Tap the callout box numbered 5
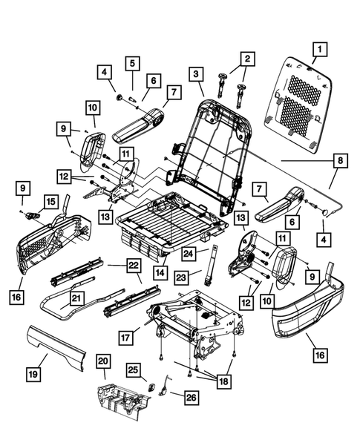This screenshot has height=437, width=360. tap(131, 64)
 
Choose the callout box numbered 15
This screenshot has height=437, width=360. tap(50, 201)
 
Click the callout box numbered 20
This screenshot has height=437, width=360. tap(103, 361)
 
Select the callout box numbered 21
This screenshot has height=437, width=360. tap(75, 298)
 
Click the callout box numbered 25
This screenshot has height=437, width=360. tap(133, 369)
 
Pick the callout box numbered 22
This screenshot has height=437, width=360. tap(133, 266)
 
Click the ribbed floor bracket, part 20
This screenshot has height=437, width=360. tap(122, 401)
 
